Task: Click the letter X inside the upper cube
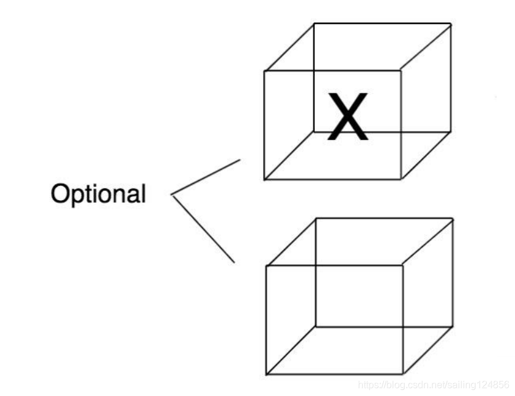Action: tap(349, 117)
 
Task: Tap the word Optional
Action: tap(99, 194)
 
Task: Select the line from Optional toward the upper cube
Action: tap(206, 178)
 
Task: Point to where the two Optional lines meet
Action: tap(171, 196)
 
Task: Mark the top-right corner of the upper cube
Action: tap(451, 24)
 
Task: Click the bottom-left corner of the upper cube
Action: tap(264, 179)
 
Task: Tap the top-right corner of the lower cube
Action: tap(453, 217)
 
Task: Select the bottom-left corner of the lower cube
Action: tap(267, 374)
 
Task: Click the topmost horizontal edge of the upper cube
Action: tap(382, 24)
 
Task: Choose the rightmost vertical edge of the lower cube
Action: tap(453, 272)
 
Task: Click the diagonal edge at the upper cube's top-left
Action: tap(289, 47)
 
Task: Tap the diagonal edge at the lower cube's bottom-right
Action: tap(428, 350)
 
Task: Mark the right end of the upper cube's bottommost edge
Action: tap(401, 179)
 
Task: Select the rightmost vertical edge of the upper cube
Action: tap(451, 78)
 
